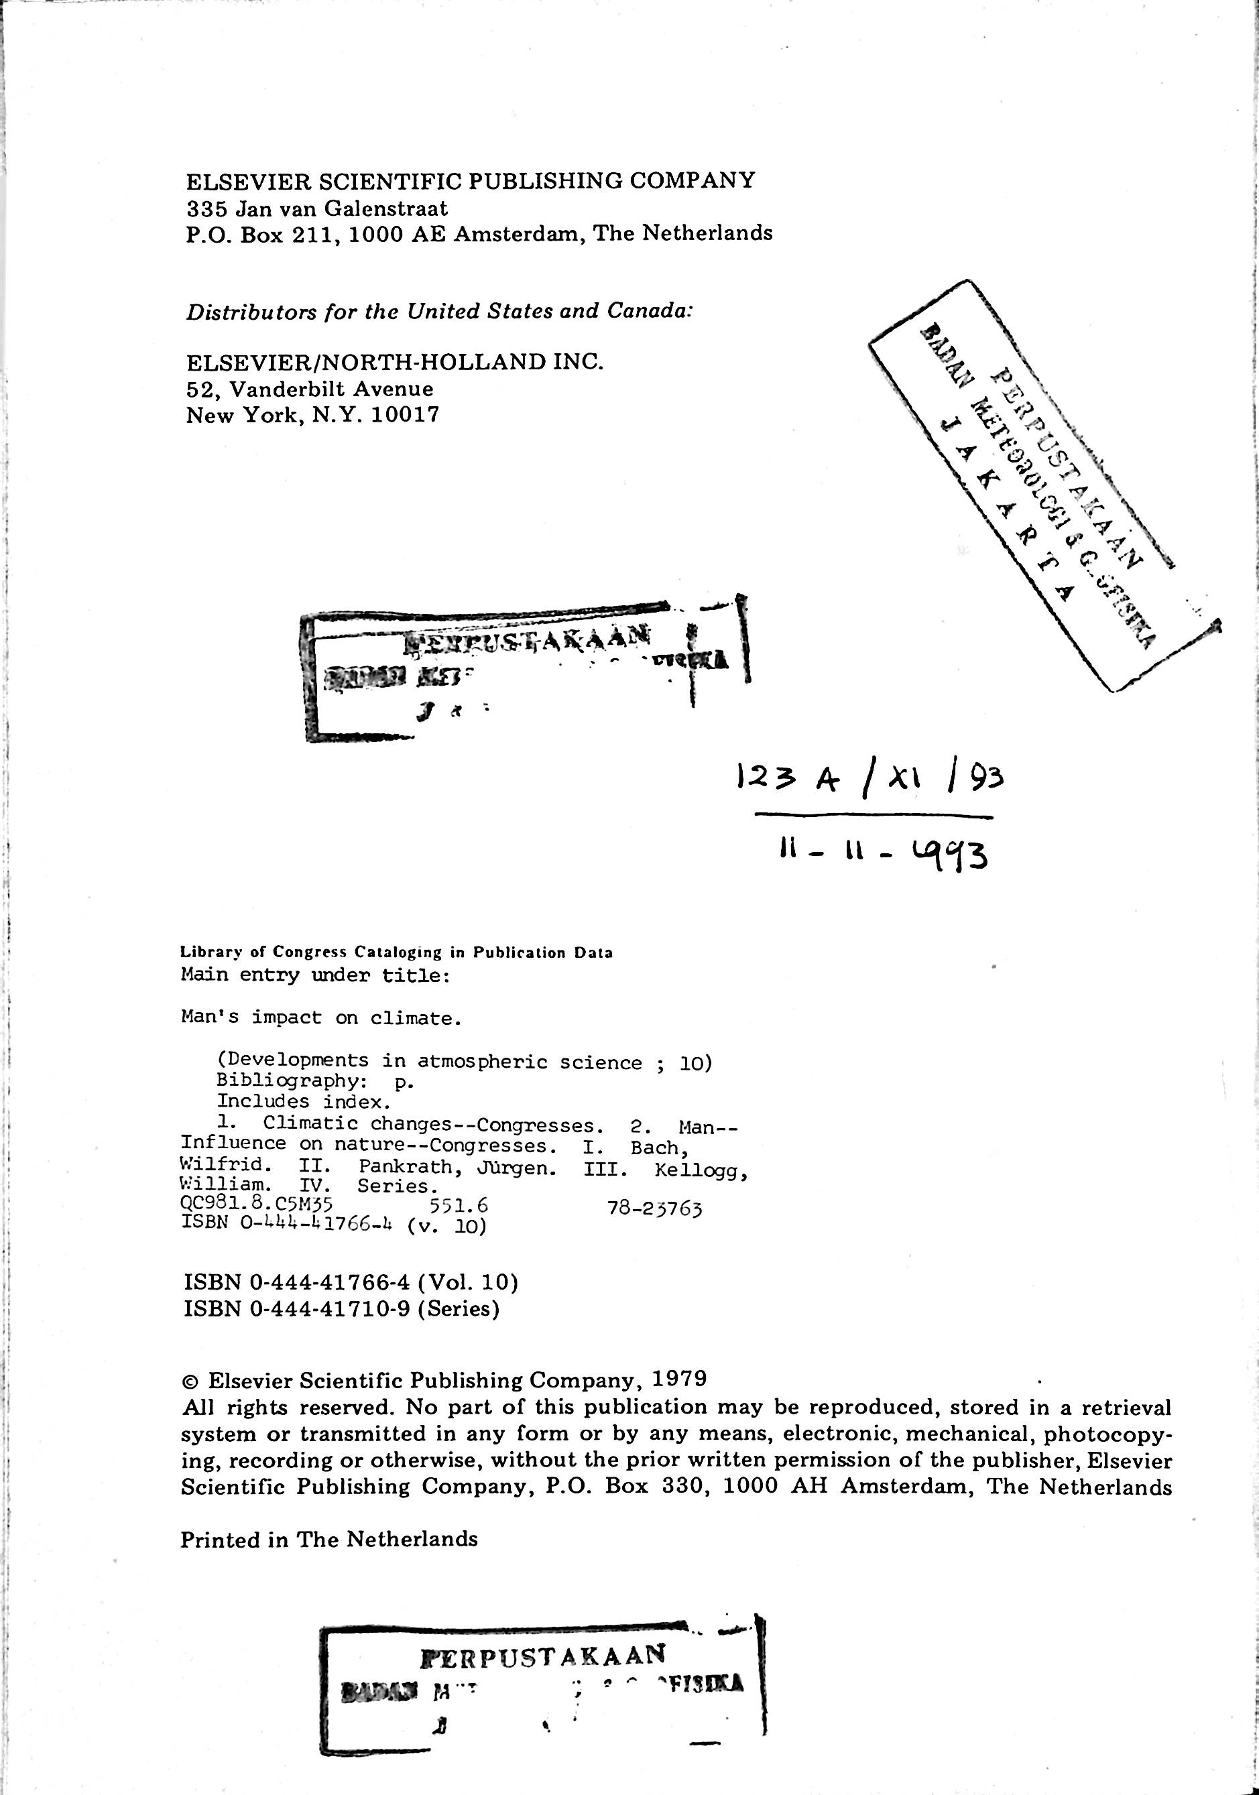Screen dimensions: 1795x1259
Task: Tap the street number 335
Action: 205,208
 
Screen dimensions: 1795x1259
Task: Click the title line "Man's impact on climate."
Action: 321,1018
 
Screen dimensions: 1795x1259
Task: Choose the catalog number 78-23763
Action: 654,1209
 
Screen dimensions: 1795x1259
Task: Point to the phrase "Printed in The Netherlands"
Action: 328,1540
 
